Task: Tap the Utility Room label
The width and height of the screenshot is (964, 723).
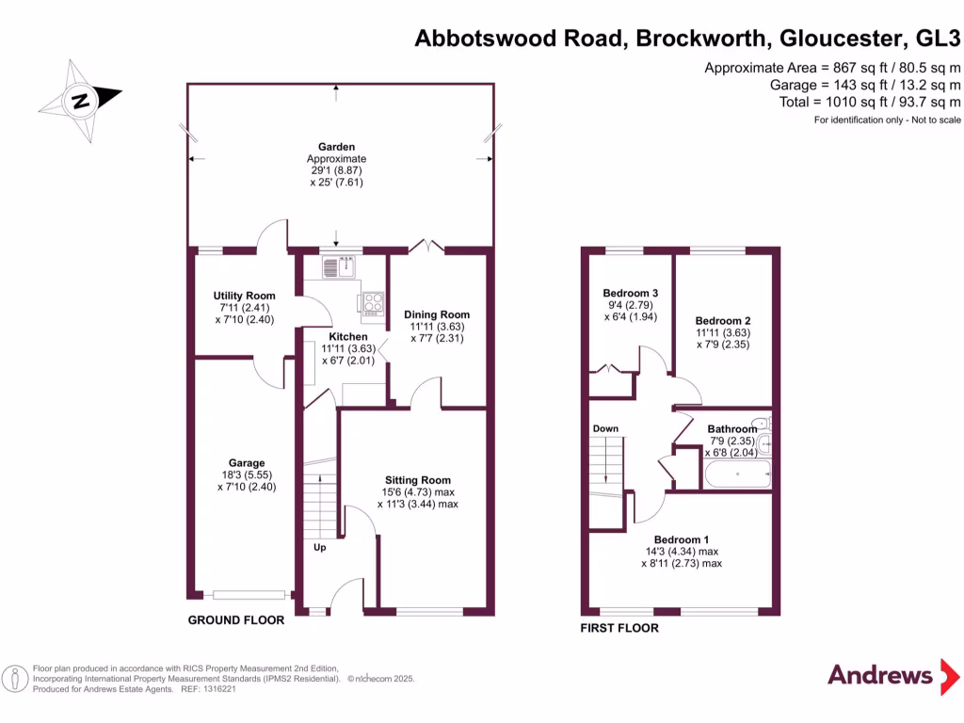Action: pos(244,296)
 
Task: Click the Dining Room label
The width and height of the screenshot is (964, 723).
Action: pos(437,314)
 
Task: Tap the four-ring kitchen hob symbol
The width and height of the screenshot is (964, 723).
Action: pos(370,304)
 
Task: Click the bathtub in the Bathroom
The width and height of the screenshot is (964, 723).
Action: pos(737,474)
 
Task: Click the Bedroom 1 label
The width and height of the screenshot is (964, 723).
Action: pos(682,539)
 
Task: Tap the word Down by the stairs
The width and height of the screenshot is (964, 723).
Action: pos(605,429)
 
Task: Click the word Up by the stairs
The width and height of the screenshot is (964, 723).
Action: pos(319,546)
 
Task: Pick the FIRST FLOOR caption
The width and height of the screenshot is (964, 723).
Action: pos(619,628)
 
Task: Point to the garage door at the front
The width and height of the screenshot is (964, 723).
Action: pos(249,595)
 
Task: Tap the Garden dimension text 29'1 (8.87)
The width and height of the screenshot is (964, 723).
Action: pos(336,170)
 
